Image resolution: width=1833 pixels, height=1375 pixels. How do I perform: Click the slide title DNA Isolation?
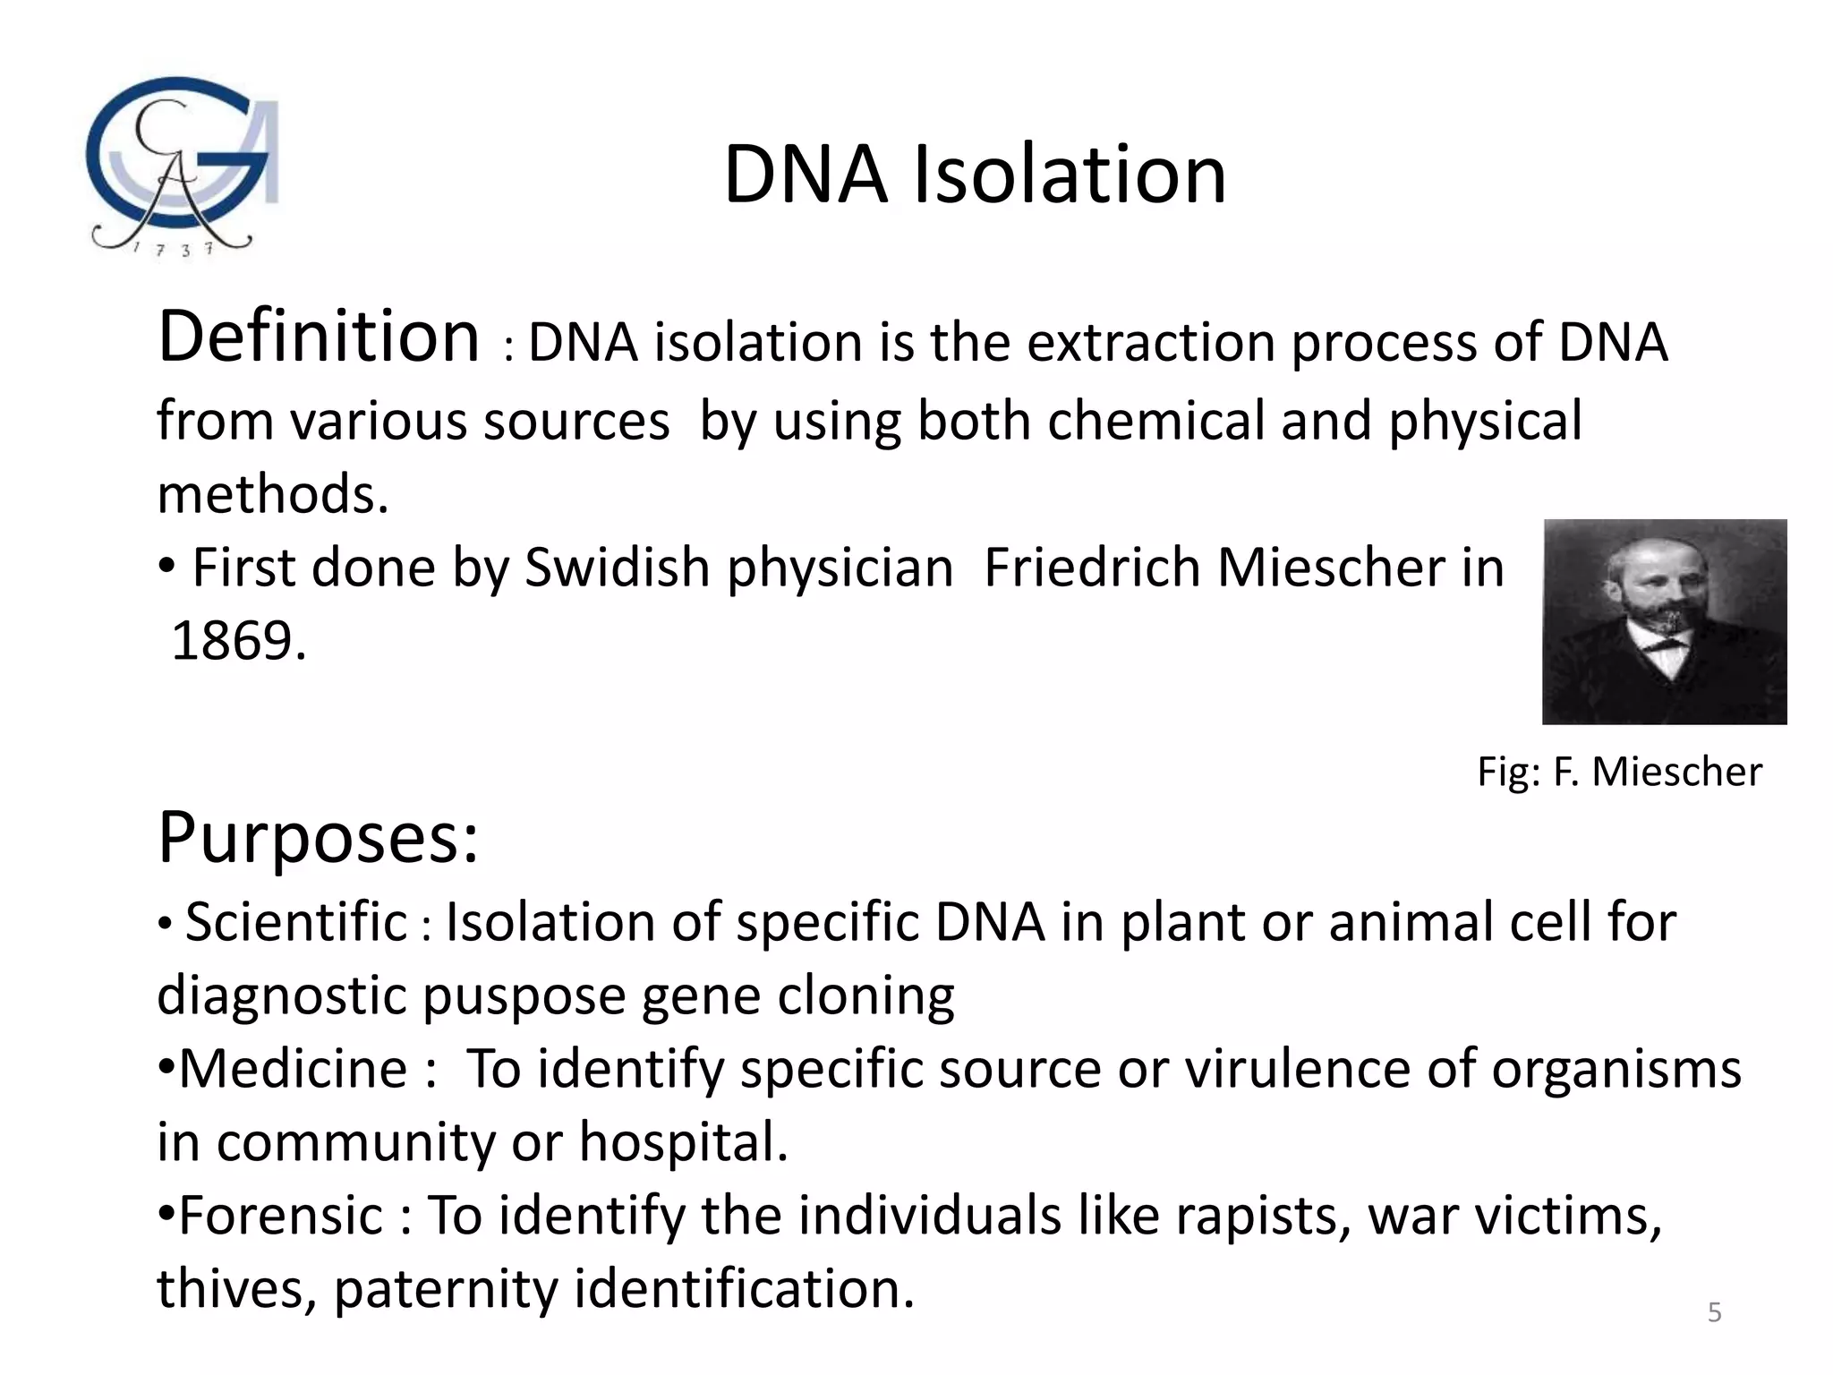point(974,175)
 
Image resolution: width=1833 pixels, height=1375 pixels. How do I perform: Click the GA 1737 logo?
point(183,167)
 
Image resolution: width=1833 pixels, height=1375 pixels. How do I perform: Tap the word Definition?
point(319,337)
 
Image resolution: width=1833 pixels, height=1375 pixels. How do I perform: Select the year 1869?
point(238,641)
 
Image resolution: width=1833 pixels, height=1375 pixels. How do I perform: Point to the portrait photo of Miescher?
point(1664,621)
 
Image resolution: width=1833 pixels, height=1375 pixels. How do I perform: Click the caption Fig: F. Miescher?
point(1618,772)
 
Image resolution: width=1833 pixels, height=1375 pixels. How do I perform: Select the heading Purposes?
point(319,838)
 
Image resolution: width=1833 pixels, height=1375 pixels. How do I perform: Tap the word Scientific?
point(296,922)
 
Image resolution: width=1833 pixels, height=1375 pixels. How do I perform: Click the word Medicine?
point(294,1069)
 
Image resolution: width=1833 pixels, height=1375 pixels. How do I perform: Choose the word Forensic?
point(281,1216)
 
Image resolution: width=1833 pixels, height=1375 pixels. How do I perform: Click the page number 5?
point(1714,1312)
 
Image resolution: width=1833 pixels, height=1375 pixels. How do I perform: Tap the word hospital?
point(683,1142)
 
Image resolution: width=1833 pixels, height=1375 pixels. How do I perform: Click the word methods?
point(272,494)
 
